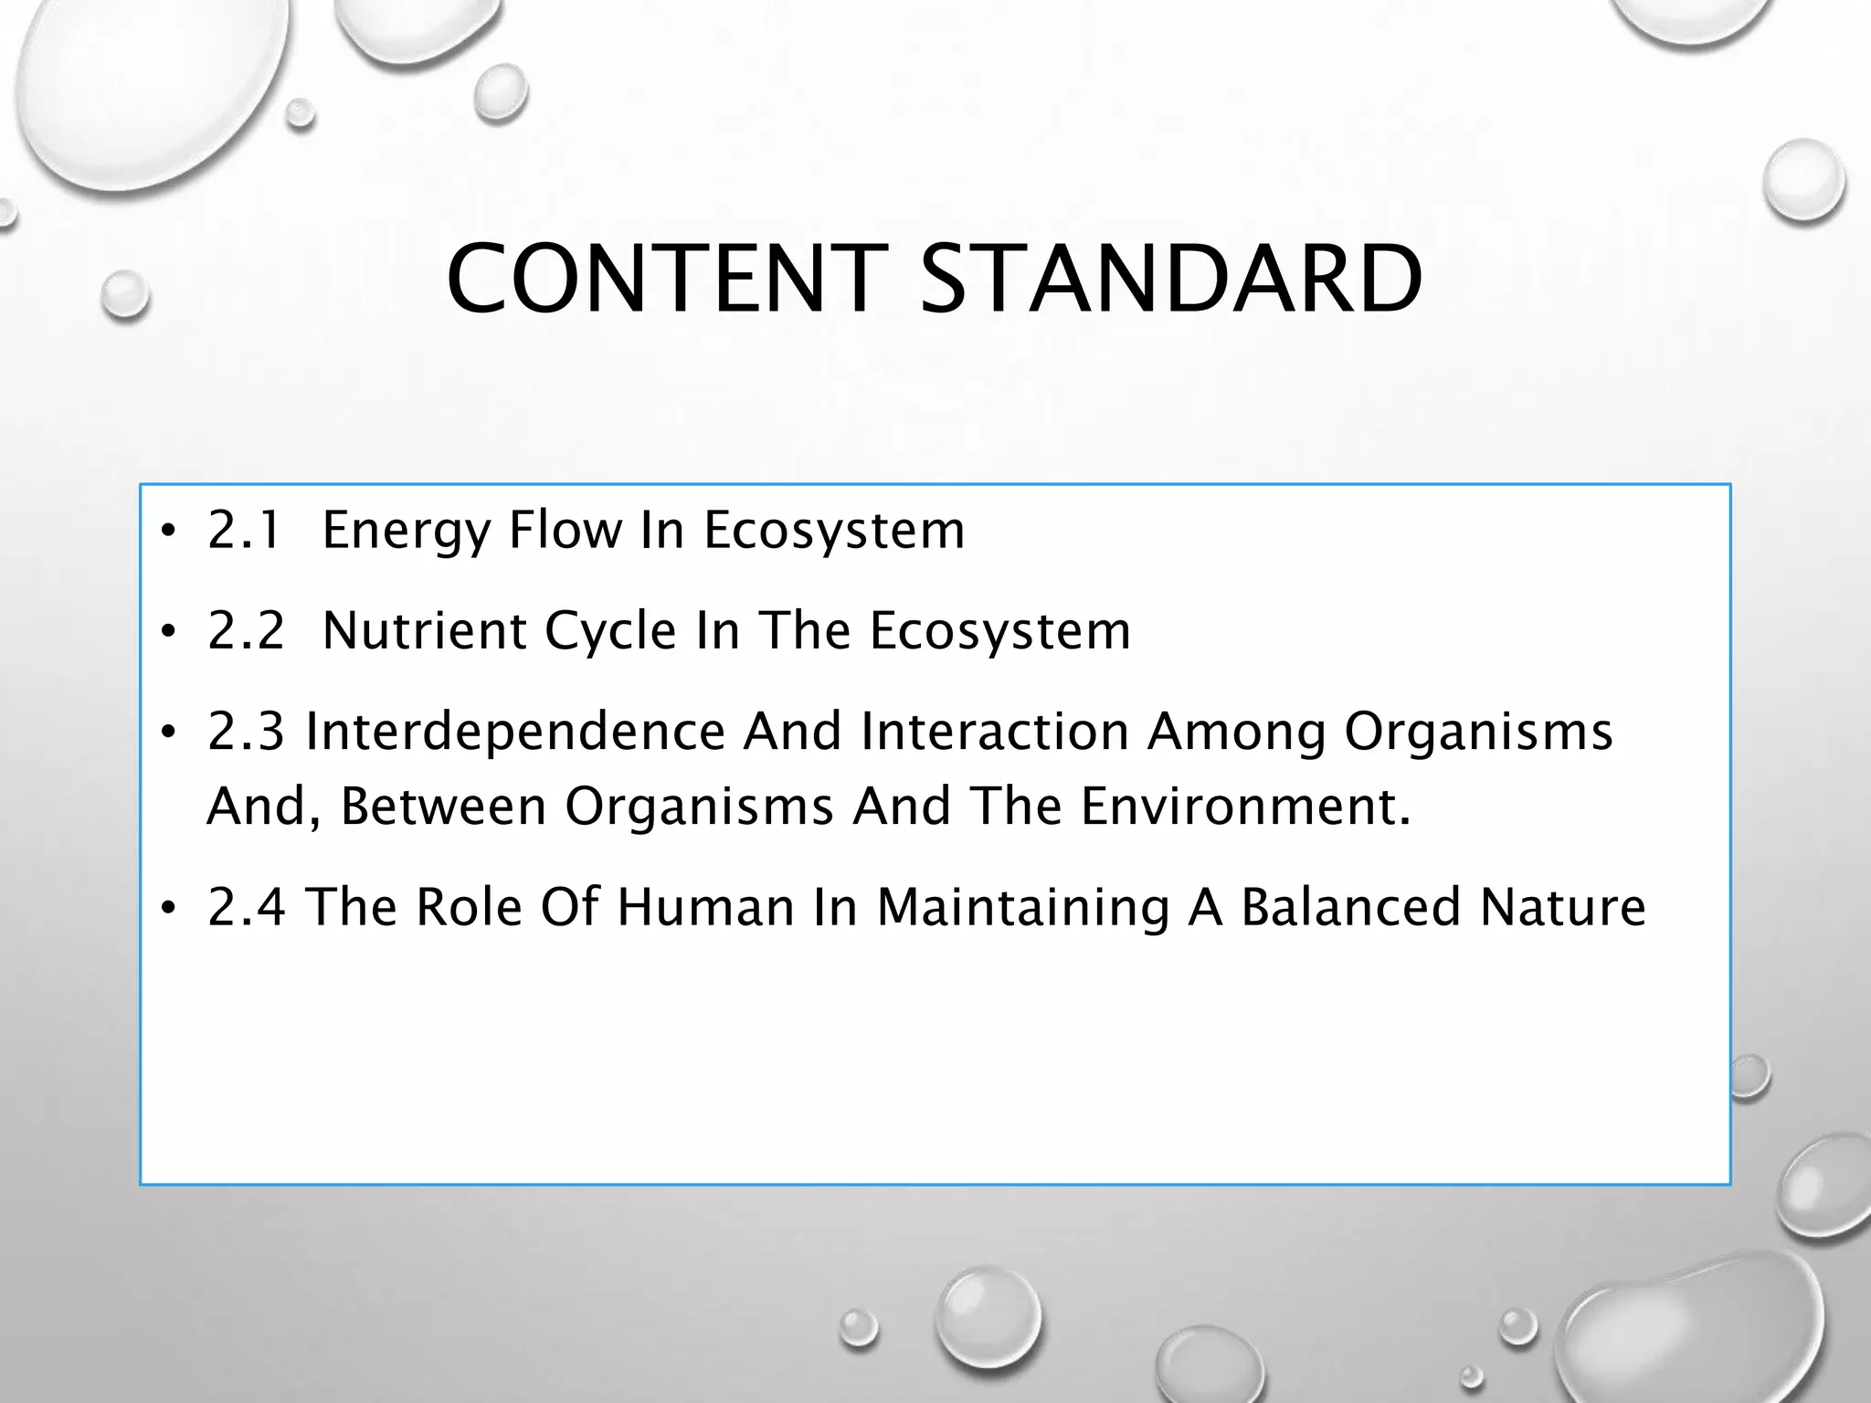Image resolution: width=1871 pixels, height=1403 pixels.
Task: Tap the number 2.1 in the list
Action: [244, 530]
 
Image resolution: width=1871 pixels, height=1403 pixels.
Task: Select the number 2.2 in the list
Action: [246, 630]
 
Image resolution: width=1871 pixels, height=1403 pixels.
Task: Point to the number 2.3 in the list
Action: [246, 732]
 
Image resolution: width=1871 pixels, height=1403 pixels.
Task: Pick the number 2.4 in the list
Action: [246, 907]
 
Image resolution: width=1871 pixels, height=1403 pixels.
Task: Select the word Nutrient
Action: [425, 630]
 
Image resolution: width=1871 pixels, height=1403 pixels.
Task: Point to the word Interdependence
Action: [514, 732]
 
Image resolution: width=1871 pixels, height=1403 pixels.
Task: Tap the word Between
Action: [443, 807]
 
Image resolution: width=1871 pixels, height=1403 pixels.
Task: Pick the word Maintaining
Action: [1023, 909]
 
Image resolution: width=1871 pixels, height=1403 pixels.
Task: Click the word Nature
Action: [1563, 907]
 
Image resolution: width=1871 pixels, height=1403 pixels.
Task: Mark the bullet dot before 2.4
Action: [166, 909]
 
